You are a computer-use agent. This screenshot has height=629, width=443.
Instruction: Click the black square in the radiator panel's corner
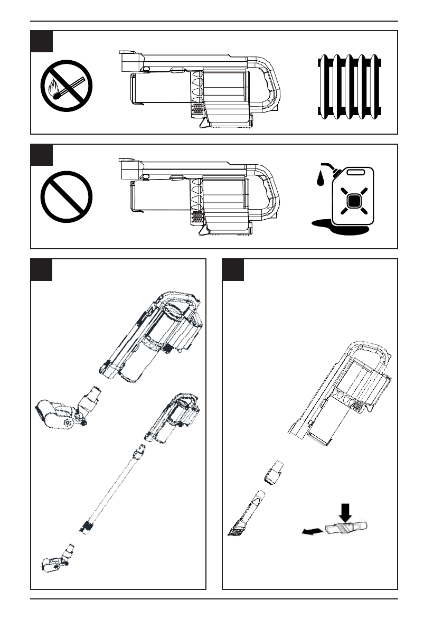[x=42, y=41]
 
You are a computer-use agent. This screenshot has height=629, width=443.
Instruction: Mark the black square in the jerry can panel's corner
[x=42, y=155]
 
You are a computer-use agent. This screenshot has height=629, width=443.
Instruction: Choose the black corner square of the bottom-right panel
[x=233, y=269]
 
